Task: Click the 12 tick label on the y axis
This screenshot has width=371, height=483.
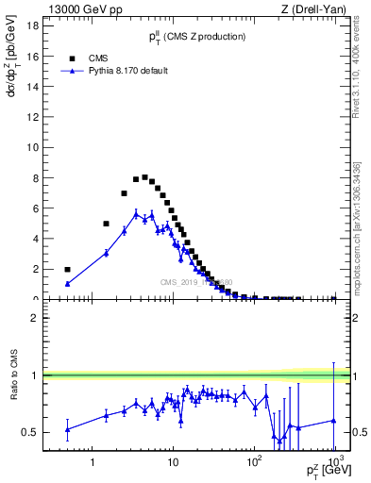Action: pos(32,117)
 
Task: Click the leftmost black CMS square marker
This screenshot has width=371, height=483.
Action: pos(67,270)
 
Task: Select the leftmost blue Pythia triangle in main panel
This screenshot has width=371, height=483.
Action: pos(67,283)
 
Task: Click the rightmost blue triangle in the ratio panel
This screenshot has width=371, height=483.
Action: pos(334,421)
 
